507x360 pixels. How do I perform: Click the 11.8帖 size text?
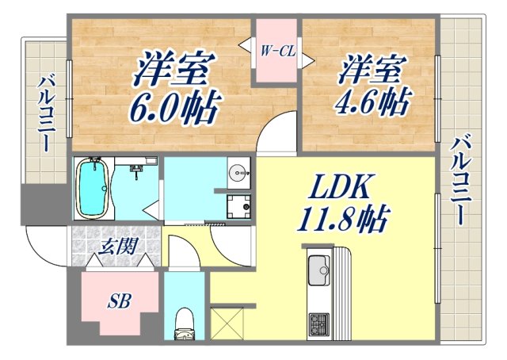click(x=343, y=218)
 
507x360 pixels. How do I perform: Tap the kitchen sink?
click(x=318, y=270)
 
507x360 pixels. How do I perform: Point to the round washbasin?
click(x=237, y=172)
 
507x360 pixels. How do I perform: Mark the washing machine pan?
click(x=238, y=206)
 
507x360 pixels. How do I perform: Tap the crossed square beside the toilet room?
click(x=226, y=326)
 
